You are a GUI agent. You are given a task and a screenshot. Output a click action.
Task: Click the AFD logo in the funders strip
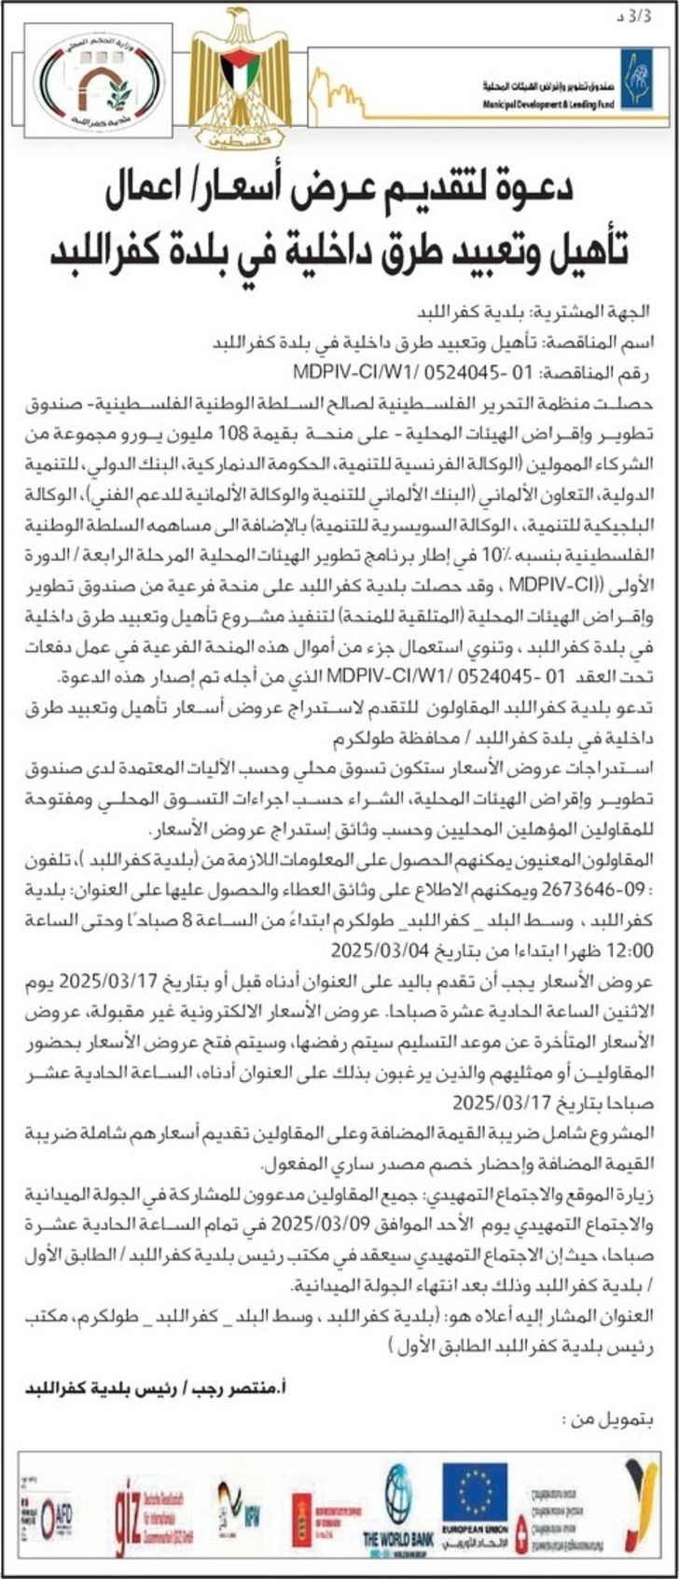coord(62,1511)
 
